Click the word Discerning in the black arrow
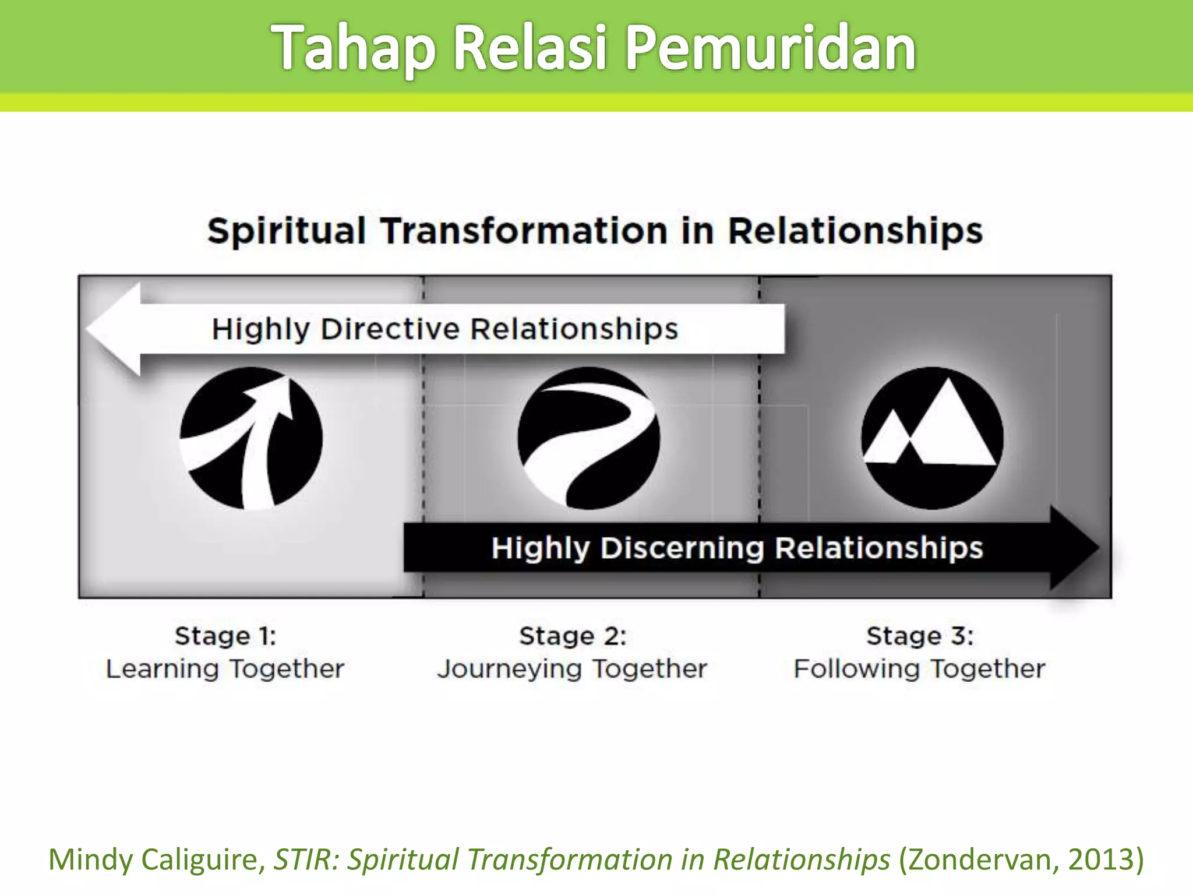682,548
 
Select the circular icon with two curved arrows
251,438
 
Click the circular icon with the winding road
588,438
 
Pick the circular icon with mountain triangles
932,438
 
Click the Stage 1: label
225,636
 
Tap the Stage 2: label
573,636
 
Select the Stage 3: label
919,636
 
